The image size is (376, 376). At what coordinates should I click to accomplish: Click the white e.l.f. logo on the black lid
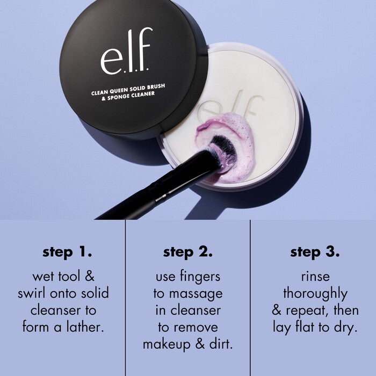(126, 52)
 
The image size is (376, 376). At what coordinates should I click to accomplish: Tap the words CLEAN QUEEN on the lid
(112, 92)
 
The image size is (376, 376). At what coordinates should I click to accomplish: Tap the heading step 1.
(67, 251)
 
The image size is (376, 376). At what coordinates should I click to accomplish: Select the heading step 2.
(188, 251)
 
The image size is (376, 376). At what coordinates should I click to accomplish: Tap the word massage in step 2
(196, 294)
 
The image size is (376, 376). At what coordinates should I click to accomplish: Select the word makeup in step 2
(167, 344)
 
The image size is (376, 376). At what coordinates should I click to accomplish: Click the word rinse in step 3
(315, 277)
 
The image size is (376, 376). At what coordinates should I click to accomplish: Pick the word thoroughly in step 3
(315, 294)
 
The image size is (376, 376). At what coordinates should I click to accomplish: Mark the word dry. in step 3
(344, 327)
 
